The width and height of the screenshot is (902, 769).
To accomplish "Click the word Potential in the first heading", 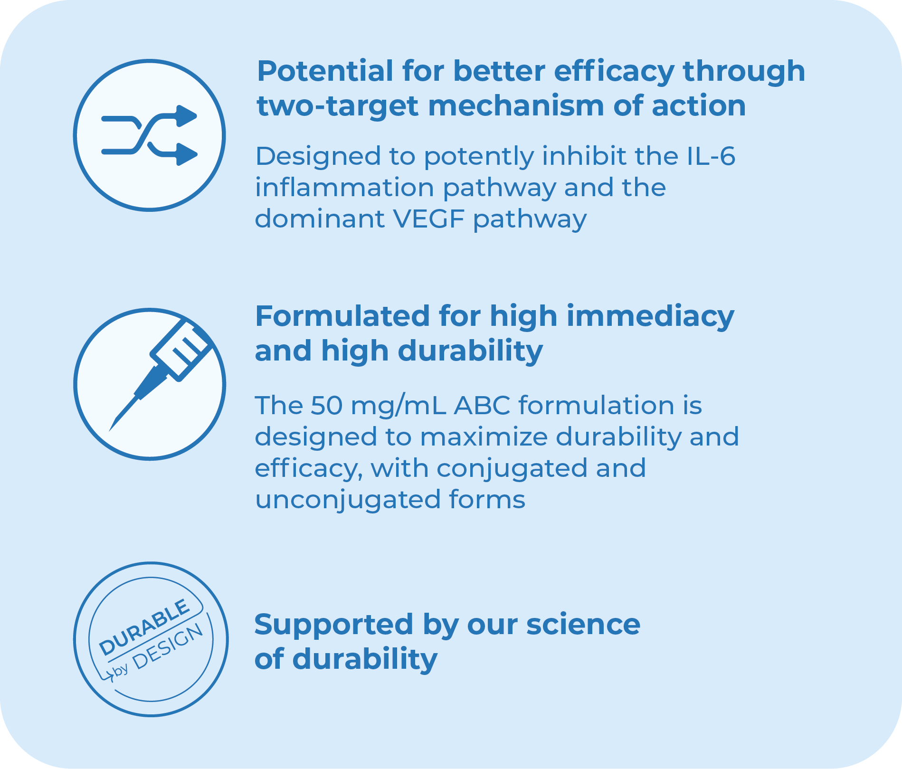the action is click(x=325, y=71).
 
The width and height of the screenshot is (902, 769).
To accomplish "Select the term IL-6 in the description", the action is click(x=711, y=156).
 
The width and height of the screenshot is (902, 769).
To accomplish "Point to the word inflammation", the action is click(x=344, y=187).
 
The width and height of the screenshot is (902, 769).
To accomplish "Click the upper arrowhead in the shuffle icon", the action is click(x=187, y=116).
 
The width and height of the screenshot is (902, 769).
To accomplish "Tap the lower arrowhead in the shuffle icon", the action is click(x=187, y=154).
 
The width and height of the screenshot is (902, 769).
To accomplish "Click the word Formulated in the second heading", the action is click(x=342, y=316).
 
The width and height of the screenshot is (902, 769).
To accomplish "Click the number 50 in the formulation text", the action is click(x=326, y=406).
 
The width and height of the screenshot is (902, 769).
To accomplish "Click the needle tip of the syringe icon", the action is click(x=110, y=430).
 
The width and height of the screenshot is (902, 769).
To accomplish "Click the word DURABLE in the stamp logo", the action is click(x=144, y=627).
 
